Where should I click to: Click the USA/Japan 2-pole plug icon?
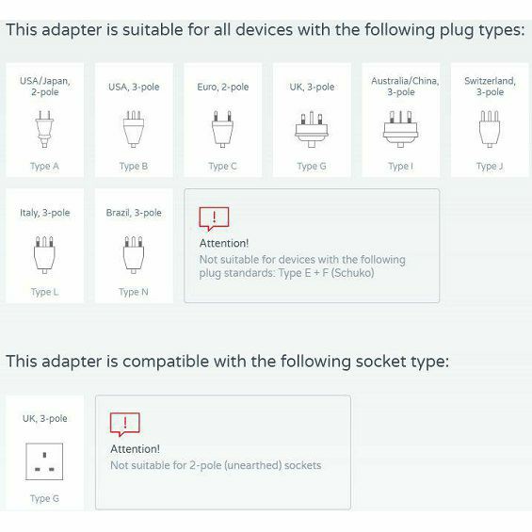point(44,129)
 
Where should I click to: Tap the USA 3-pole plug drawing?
point(134,129)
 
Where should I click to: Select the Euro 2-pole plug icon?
point(222,129)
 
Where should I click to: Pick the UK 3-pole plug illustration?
point(312,129)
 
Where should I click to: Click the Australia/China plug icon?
point(400,129)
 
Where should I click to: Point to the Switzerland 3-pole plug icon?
point(490,129)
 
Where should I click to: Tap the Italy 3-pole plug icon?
point(44,255)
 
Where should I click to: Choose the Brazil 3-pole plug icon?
point(134,255)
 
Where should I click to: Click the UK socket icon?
point(44,461)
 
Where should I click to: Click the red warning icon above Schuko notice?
point(214,218)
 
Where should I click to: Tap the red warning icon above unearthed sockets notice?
point(125,425)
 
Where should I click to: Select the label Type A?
point(44,167)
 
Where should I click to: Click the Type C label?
point(222,167)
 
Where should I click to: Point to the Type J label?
point(490,167)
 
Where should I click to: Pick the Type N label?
point(134,292)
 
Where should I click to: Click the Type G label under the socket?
point(44,498)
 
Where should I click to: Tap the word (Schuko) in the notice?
point(352,273)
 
